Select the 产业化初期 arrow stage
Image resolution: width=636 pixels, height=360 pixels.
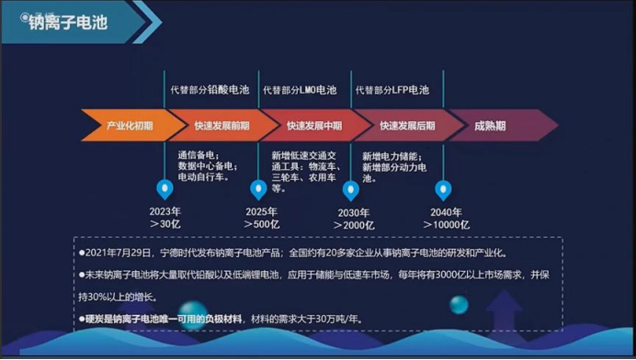129,125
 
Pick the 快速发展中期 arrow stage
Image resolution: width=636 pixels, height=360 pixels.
313,125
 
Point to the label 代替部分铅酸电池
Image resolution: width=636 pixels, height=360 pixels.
207,90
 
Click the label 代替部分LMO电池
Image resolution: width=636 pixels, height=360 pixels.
301,90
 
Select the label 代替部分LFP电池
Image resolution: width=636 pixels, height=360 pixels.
392,90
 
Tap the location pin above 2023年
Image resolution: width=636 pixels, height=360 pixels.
165,190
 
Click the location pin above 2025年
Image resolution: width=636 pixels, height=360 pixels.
259,190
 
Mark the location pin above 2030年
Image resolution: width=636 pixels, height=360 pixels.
350,190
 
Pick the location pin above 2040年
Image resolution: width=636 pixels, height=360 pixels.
446,190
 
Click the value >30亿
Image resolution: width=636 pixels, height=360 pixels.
165,223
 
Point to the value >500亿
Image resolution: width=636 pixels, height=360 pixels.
262,223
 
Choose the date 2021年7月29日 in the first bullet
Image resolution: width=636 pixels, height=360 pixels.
119,253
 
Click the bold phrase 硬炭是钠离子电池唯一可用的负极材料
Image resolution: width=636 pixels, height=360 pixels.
164,318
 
